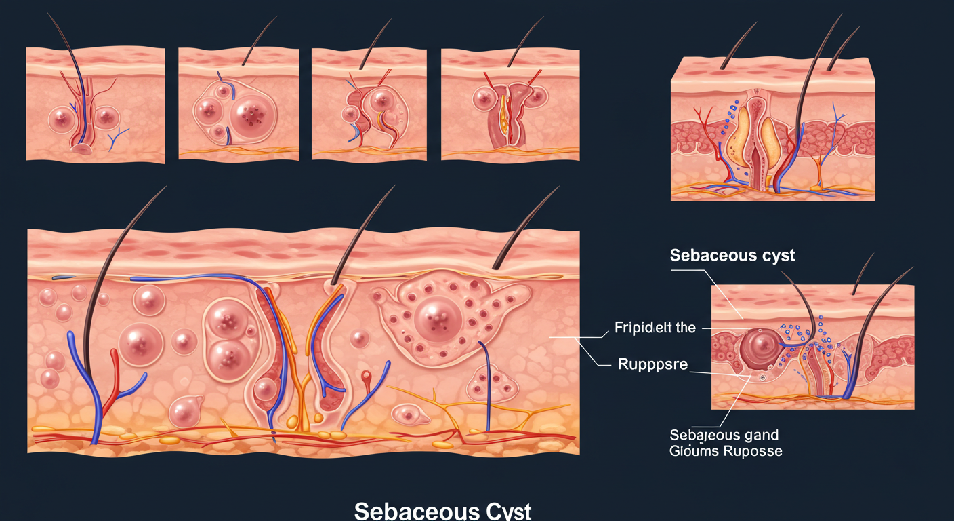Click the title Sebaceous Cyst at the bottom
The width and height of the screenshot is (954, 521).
click(443, 511)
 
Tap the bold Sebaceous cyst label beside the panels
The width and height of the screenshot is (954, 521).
click(732, 256)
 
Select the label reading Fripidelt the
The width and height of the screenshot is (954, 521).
click(655, 328)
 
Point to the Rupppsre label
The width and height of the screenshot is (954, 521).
click(652, 365)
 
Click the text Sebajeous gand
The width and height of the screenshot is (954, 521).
click(724, 434)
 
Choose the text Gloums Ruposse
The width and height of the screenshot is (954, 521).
click(726, 450)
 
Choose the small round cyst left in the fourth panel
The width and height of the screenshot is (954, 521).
click(485, 99)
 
